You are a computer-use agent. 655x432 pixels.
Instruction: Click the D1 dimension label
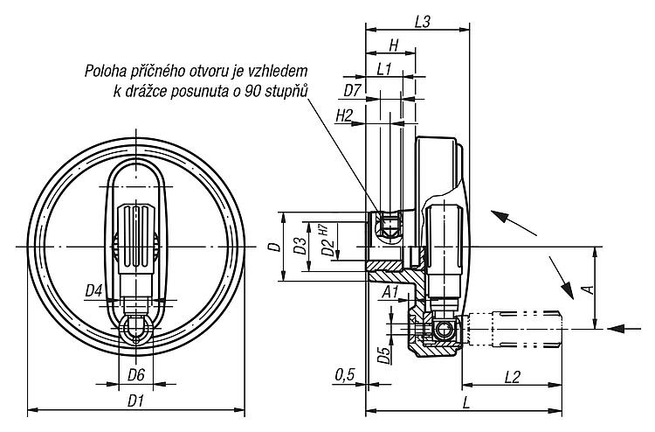coord(135,402)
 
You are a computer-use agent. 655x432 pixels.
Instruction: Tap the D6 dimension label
coord(135,375)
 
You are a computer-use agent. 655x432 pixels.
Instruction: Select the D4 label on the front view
coord(94,290)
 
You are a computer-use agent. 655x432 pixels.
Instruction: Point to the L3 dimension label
coord(423,22)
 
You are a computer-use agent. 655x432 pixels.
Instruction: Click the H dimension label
coord(394,45)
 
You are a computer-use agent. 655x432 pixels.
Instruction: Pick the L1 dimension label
coord(383,69)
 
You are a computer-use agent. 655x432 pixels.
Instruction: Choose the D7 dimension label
coord(352,90)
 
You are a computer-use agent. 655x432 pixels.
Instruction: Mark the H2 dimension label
coord(344,115)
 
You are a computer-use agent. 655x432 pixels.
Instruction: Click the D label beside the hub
coord(274,247)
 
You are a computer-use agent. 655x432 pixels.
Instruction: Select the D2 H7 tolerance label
coord(327,240)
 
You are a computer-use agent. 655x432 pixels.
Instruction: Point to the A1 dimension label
coord(390,292)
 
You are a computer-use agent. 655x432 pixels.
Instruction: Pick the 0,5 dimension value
coord(345,374)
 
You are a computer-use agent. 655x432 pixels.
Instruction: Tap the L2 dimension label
coord(512,377)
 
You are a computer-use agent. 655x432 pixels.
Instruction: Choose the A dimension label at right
coord(588,289)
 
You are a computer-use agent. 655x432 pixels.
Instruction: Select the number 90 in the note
coord(253,91)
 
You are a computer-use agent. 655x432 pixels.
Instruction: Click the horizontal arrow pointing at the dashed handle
coord(624,329)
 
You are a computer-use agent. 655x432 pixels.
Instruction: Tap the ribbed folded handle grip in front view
coord(135,240)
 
